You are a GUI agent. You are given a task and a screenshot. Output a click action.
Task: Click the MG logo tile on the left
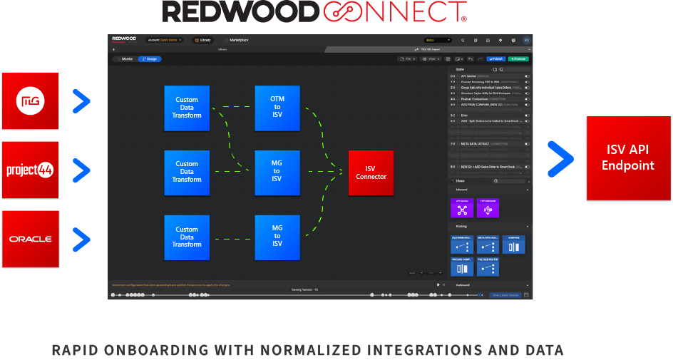tap(30, 101)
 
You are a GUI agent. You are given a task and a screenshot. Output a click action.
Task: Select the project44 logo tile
tap(30, 170)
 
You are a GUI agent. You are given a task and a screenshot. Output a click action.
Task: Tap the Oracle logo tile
tap(30, 239)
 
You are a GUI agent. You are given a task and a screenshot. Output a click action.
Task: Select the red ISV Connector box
tap(371, 173)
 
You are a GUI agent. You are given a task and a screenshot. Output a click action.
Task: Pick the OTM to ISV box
tap(277, 108)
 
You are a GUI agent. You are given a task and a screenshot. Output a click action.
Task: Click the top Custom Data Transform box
tap(187, 108)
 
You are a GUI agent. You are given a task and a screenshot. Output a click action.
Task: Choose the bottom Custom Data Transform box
tap(187, 237)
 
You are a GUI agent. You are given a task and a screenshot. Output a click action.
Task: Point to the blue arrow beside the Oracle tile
tap(82, 239)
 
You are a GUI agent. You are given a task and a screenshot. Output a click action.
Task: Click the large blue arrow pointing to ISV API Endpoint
tap(560, 158)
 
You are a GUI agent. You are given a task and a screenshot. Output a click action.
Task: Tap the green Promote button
tap(518, 58)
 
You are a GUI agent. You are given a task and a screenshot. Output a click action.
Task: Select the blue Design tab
tap(150, 58)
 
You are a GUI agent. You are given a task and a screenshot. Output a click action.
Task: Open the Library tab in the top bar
tap(203, 40)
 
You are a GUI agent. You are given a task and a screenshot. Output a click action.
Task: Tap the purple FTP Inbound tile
tap(488, 208)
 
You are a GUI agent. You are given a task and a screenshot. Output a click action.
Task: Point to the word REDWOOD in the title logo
tap(240, 11)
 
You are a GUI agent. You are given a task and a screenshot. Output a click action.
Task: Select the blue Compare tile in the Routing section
tap(513, 245)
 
